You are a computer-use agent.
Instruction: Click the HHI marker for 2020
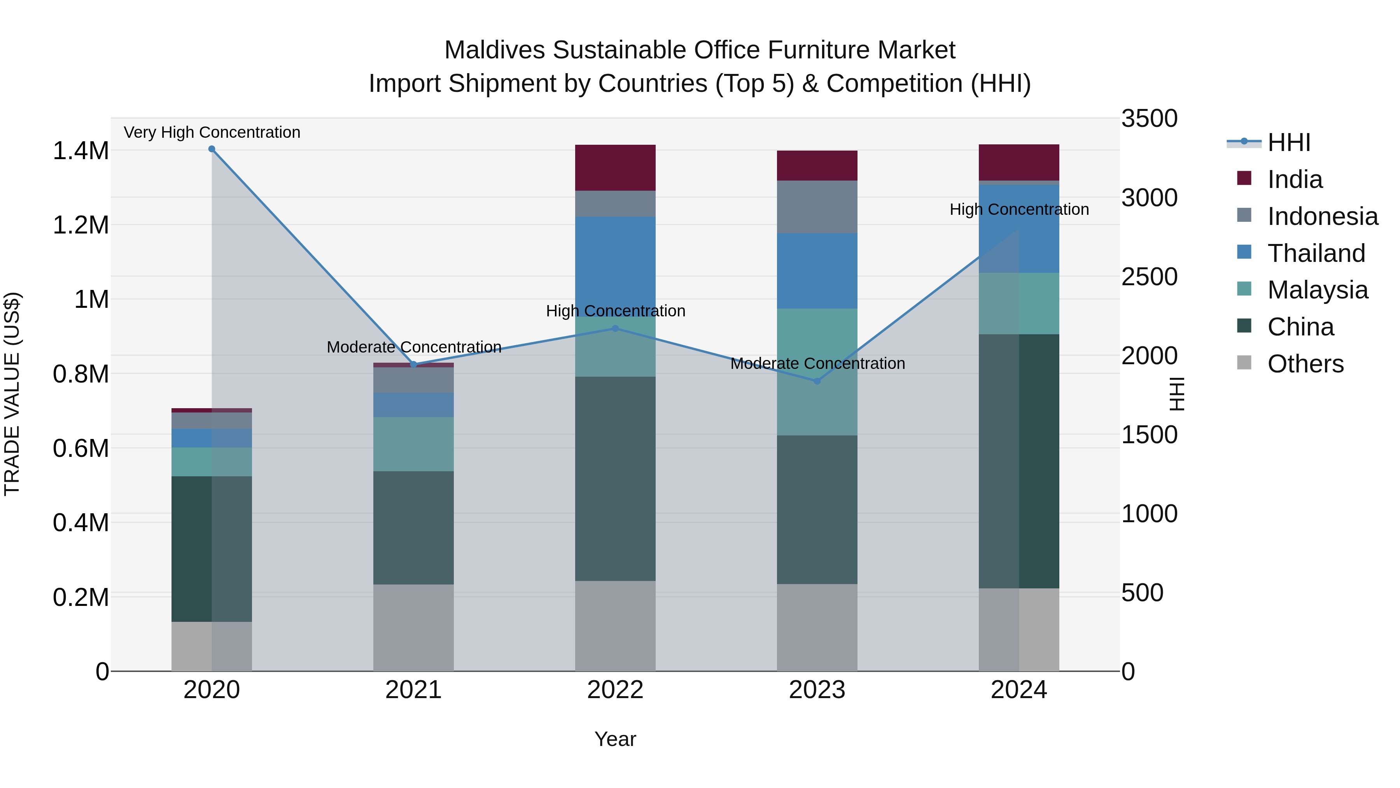212,149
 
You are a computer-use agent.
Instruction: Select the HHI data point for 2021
414,364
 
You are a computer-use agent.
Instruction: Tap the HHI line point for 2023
817,381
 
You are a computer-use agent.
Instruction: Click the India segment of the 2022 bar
615,167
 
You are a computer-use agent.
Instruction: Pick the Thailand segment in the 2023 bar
817,271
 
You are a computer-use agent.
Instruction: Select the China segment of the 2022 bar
615,479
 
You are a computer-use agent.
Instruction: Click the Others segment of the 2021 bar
414,628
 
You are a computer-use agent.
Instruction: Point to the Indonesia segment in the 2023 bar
817,207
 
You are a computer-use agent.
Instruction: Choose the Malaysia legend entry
1318,290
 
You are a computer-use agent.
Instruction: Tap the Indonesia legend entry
1322,216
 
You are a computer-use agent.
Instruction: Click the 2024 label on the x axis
1019,690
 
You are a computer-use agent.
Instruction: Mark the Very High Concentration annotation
212,132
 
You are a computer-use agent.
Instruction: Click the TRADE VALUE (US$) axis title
12,394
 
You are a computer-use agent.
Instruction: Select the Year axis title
615,739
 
